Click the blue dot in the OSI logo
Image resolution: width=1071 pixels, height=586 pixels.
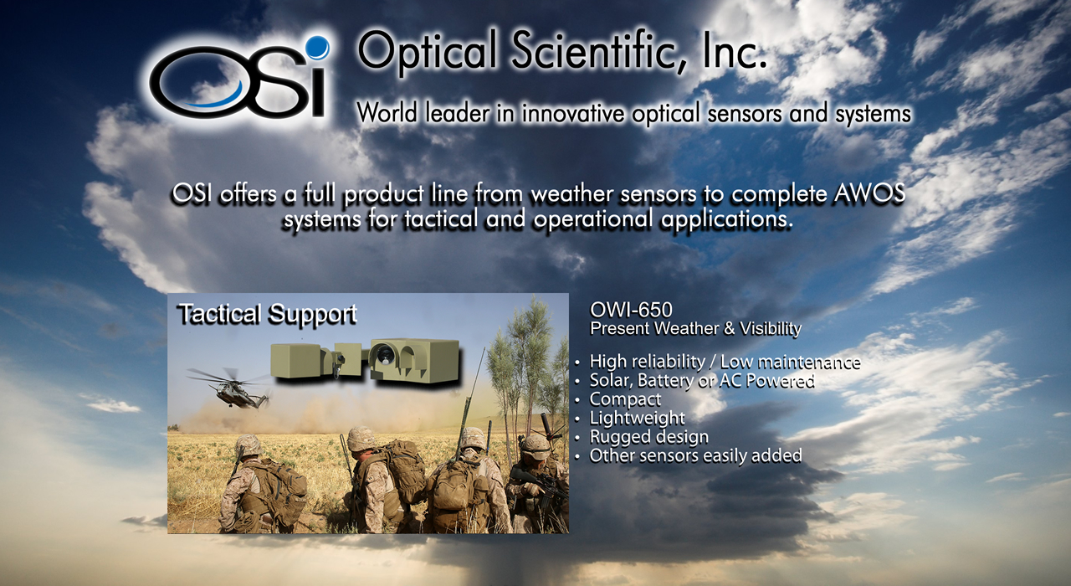[317, 48]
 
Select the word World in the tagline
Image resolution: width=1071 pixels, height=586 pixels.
[387, 113]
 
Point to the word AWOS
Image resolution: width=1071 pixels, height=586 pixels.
[869, 193]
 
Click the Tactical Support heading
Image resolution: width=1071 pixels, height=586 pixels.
[267, 314]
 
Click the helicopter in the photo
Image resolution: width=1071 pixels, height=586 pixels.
[229, 388]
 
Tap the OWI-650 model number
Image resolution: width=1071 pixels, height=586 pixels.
[631, 310]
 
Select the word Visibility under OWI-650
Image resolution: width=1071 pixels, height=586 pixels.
[771, 329]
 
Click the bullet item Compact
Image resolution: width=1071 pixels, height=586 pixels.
[625, 399]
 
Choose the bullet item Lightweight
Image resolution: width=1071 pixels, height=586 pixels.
[638, 418]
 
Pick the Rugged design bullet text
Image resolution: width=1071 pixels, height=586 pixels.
[648, 437]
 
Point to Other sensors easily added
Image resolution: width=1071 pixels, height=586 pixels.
[695, 455]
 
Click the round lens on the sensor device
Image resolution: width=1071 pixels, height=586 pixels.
[384, 354]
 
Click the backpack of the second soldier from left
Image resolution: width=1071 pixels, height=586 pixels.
[404, 471]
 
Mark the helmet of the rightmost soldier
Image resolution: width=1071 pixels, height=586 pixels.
[535, 446]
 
